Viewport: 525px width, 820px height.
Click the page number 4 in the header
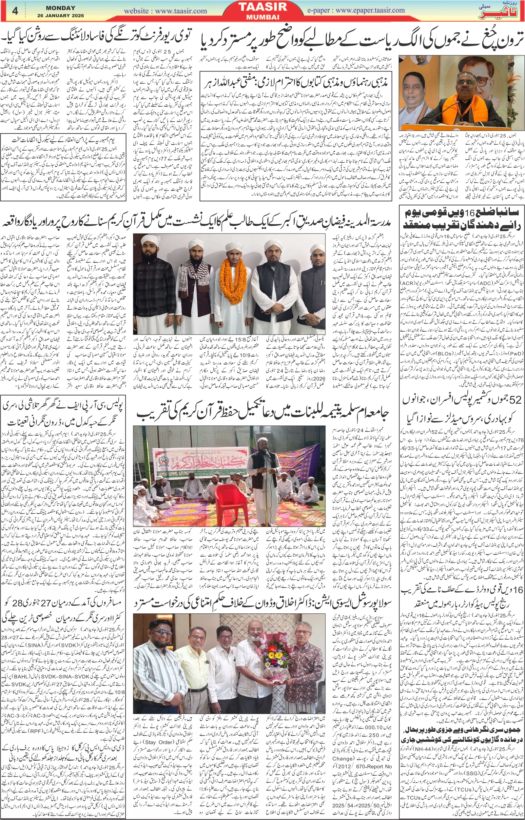15,10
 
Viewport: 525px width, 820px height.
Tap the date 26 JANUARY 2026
60,15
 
